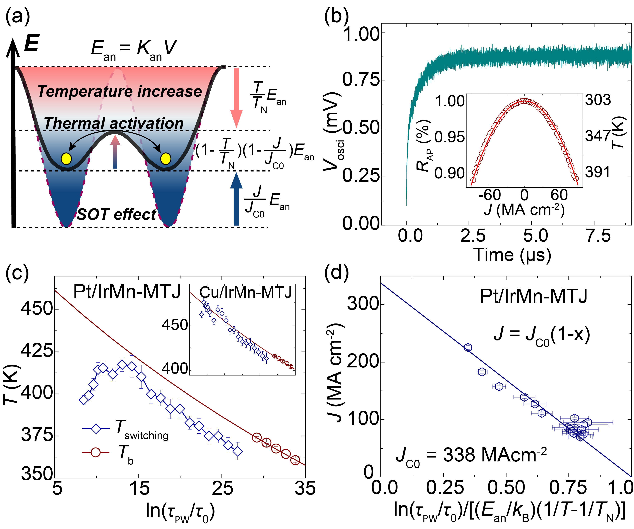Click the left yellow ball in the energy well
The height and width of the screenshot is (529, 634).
[x=66, y=159]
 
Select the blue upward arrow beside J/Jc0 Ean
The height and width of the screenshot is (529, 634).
[x=236, y=199]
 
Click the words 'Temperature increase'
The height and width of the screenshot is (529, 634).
[x=120, y=91]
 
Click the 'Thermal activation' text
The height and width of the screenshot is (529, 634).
[x=114, y=123]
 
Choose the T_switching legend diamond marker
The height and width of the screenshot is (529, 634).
[x=96, y=429]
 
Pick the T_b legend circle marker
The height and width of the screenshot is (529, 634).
[x=96, y=452]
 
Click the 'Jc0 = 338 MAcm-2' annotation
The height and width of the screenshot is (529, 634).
[x=471, y=455]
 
